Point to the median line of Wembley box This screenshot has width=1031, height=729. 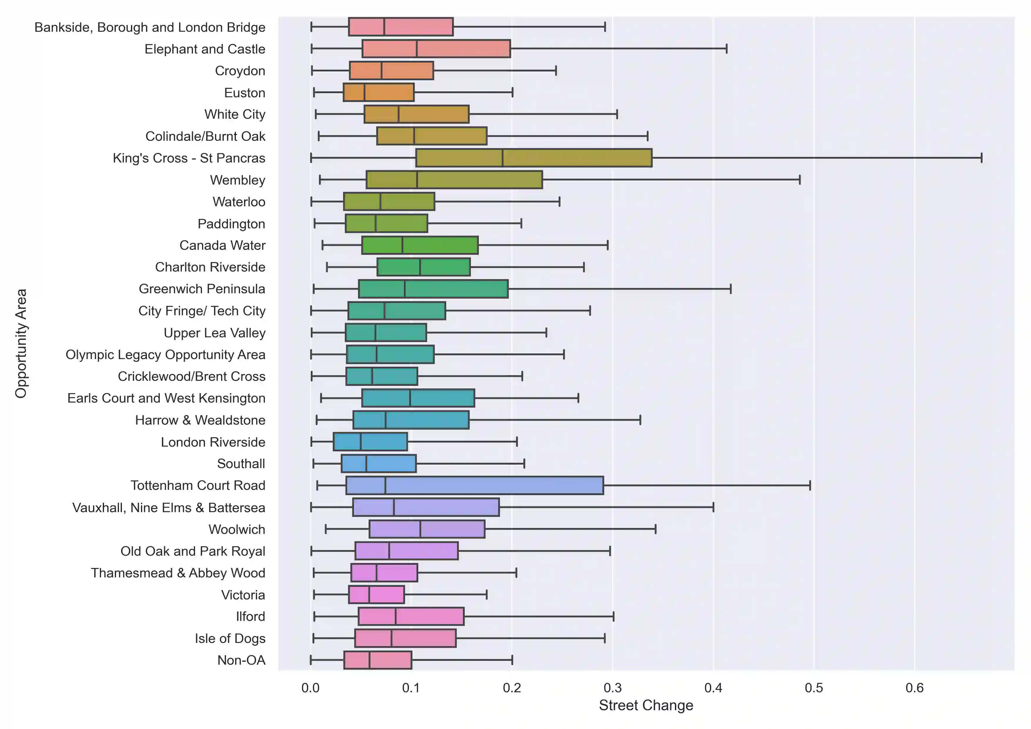pos(417,180)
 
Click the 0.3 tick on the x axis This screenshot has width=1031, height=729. pos(612,688)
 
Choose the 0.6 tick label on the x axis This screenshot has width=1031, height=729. pos(914,688)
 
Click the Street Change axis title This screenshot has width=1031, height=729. pos(646,706)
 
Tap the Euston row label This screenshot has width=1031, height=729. pos(244,93)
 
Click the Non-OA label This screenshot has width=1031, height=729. pos(241,660)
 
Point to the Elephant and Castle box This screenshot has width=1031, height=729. pos(436,49)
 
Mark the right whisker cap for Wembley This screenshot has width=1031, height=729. pos(799,180)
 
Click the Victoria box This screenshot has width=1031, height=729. pos(376,595)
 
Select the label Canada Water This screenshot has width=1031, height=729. pos(222,245)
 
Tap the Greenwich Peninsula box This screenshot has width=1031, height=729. pos(433,289)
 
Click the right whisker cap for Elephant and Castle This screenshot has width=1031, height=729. pos(726,49)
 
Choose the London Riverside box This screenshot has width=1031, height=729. pos(370,442)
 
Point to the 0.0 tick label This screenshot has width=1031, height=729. pos(310,688)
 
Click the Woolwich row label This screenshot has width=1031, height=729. pos(237,529)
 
